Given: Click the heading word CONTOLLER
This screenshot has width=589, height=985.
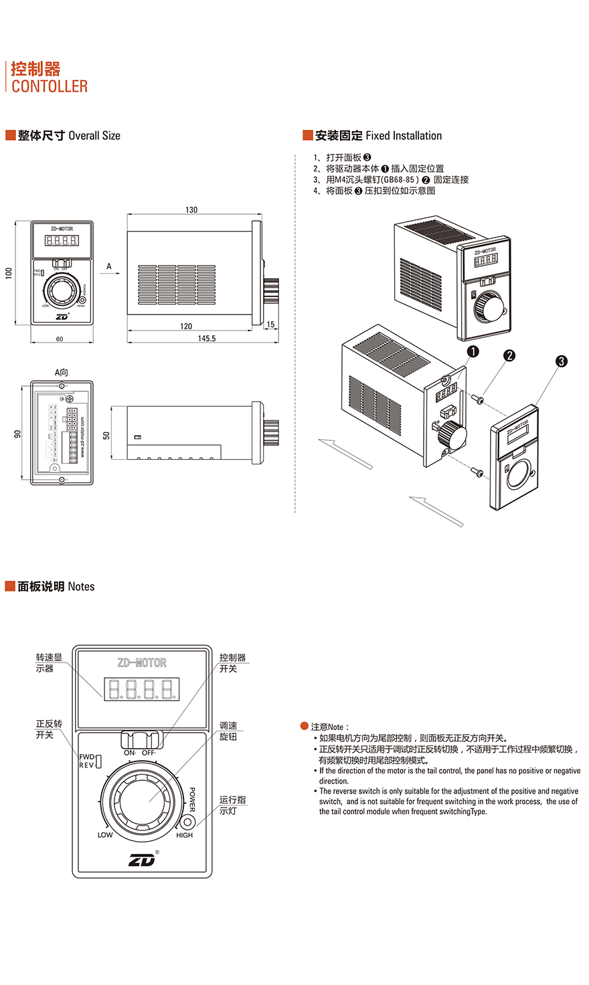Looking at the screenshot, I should pos(50,86).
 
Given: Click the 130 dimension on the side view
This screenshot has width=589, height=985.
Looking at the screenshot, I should pos(191,210).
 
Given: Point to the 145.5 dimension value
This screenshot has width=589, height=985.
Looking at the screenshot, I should pos(207,339).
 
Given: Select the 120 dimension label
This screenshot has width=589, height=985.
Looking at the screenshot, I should pos(186,327).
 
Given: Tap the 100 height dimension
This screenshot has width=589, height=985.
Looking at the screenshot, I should pos(9,273).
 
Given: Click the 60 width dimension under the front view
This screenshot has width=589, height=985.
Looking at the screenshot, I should pos(60,339).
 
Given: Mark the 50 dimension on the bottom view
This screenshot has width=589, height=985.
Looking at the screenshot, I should pos(106,435).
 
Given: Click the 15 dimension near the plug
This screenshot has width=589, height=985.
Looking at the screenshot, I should pos(270,325).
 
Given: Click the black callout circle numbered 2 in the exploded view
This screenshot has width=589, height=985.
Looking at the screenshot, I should pos(509,355).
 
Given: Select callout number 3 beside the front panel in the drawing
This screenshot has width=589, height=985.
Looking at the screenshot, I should pos(562,361).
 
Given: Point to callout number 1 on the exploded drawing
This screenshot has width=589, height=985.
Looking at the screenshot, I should pos(473,351).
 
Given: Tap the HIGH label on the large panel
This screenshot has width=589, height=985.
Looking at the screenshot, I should pos(185,835).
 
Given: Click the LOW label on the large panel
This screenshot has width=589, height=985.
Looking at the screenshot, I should pos(105,835).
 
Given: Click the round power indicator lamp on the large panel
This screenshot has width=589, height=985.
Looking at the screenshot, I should pos(188,822).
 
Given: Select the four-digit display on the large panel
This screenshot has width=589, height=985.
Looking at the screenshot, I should pos(141,689).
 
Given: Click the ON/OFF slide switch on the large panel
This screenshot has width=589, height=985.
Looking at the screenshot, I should pos(141,740).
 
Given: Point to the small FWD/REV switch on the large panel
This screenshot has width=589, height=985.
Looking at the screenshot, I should pos(98,761).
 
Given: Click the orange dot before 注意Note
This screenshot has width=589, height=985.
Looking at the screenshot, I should pos(305,726).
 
